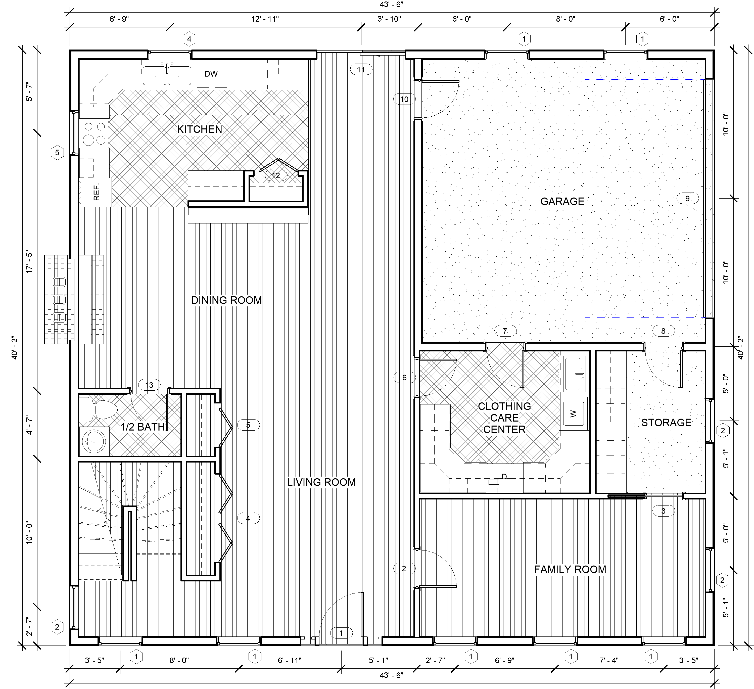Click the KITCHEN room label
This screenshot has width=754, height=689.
click(199, 129)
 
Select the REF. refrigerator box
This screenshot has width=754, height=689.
click(96, 192)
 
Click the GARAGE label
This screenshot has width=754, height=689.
click(562, 202)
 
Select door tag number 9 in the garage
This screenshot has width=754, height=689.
click(687, 198)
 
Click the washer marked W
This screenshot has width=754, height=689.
click(573, 414)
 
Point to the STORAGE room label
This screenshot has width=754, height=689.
click(666, 423)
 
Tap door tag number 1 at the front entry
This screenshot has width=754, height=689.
click(341, 633)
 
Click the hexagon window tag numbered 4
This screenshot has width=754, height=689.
click(189, 39)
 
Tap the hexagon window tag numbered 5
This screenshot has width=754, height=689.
click(57, 152)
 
